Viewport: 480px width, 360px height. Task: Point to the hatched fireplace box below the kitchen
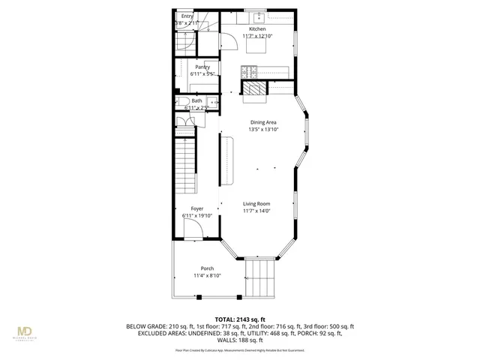pos(253,90)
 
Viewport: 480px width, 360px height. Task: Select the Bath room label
pos(196,100)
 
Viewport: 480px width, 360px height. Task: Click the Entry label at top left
pos(187,16)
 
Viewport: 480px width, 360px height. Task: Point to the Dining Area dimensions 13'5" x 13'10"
pos(263,129)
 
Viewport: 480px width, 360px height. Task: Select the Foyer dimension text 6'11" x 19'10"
pos(197,216)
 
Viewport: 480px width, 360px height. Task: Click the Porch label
pos(207,268)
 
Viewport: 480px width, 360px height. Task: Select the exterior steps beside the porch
pos(261,279)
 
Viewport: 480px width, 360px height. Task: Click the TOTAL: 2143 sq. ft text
pos(239,318)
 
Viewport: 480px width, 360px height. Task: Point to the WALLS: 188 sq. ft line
pos(240,340)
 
